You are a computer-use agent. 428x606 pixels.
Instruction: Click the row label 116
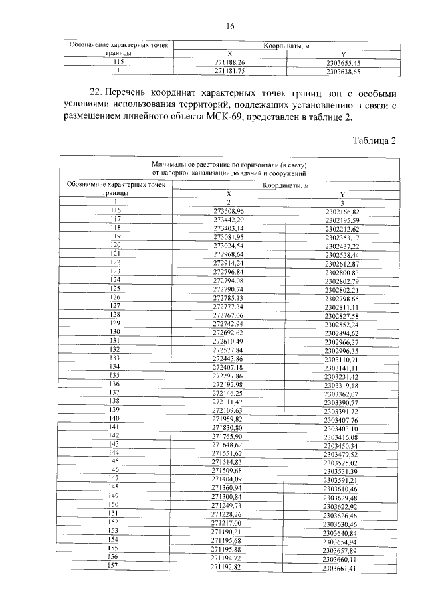(x=116, y=210)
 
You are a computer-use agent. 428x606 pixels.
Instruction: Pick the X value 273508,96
(x=229, y=211)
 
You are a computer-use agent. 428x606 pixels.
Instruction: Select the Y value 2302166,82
(x=342, y=212)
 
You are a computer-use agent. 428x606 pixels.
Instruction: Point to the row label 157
(x=116, y=566)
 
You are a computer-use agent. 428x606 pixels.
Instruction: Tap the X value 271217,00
(x=229, y=522)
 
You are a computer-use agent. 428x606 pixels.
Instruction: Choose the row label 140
(x=116, y=418)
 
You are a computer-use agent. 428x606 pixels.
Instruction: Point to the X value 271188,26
(x=229, y=61)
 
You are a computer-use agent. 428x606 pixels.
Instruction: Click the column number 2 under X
(x=229, y=202)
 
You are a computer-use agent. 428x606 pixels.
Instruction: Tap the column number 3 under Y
(x=342, y=202)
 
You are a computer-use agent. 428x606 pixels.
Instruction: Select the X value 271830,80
(x=229, y=427)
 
